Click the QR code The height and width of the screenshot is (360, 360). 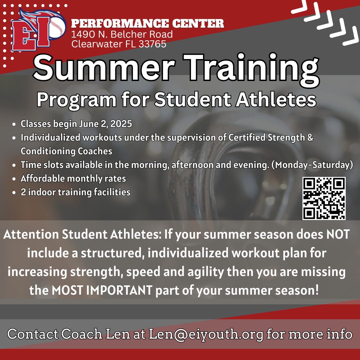(324, 198)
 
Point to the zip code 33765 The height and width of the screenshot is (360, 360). (152, 44)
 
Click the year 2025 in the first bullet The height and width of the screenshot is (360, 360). (121, 124)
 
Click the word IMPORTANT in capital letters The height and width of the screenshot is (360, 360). (119, 290)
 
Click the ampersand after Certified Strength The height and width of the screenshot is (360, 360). (310, 138)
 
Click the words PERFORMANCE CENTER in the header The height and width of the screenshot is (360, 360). (147, 23)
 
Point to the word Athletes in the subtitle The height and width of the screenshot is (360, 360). (276, 100)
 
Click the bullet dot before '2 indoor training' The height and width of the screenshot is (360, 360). (14, 193)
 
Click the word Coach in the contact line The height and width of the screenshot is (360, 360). (82, 334)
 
